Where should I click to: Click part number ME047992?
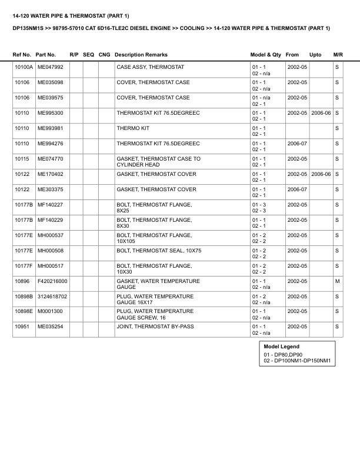[x=50, y=67]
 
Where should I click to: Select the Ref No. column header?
[x=22, y=55]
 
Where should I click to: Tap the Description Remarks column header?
[x=141, y=55]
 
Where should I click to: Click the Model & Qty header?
[x=265, y=55]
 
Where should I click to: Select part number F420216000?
[x=52, y=281]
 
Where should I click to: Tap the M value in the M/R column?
[x=337, y=281]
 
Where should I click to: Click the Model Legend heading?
[x=281, y=347]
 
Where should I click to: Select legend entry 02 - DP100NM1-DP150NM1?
[x=298, y=361]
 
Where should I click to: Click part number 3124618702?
[x=52, y=297]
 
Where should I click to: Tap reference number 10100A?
[x=24, y=67]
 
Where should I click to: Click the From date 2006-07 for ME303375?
[x=297, y=189]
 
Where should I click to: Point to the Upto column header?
[x=315, y=55]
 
